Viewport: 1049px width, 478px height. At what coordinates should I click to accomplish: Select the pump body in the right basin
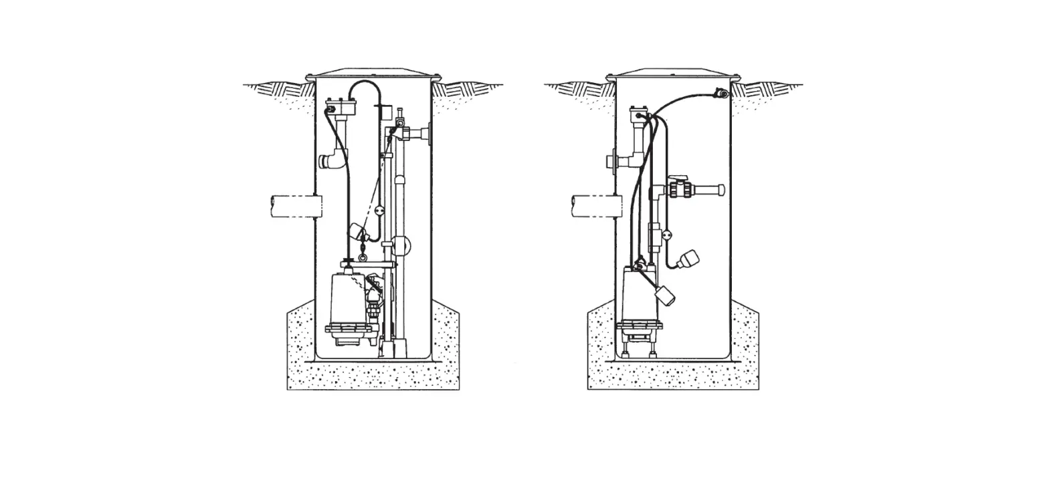tap(637, 294)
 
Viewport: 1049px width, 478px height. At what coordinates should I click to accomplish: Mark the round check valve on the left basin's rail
tap(402, 245)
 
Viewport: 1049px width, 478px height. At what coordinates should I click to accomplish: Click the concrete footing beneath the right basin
tap(673, 374)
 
